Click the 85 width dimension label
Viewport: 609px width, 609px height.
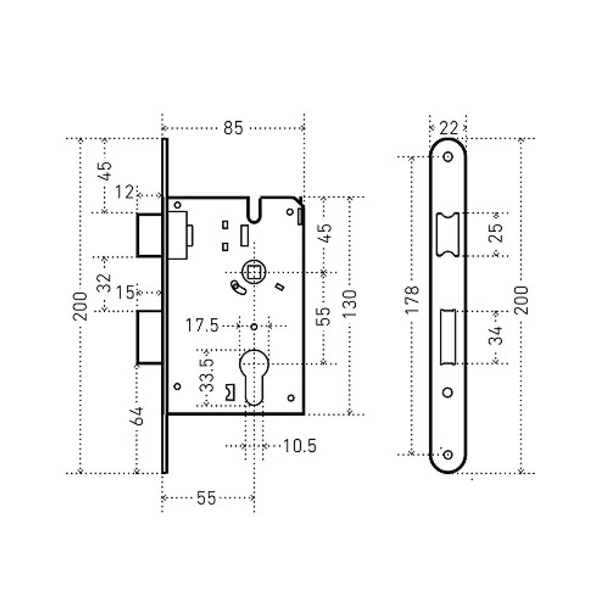[233, 128]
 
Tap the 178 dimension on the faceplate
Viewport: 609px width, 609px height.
[412, 300]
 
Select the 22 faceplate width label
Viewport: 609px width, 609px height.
[449, 127]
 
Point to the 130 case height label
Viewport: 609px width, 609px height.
[350, 303]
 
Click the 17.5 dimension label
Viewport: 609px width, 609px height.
[202, 325]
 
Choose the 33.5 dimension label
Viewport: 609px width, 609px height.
[206, 375]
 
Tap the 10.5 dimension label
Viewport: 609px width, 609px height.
[300, 446]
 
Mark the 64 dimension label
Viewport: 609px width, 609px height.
[138, 416]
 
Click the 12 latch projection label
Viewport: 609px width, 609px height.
[124, 192]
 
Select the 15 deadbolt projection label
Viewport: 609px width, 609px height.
[125, 292]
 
